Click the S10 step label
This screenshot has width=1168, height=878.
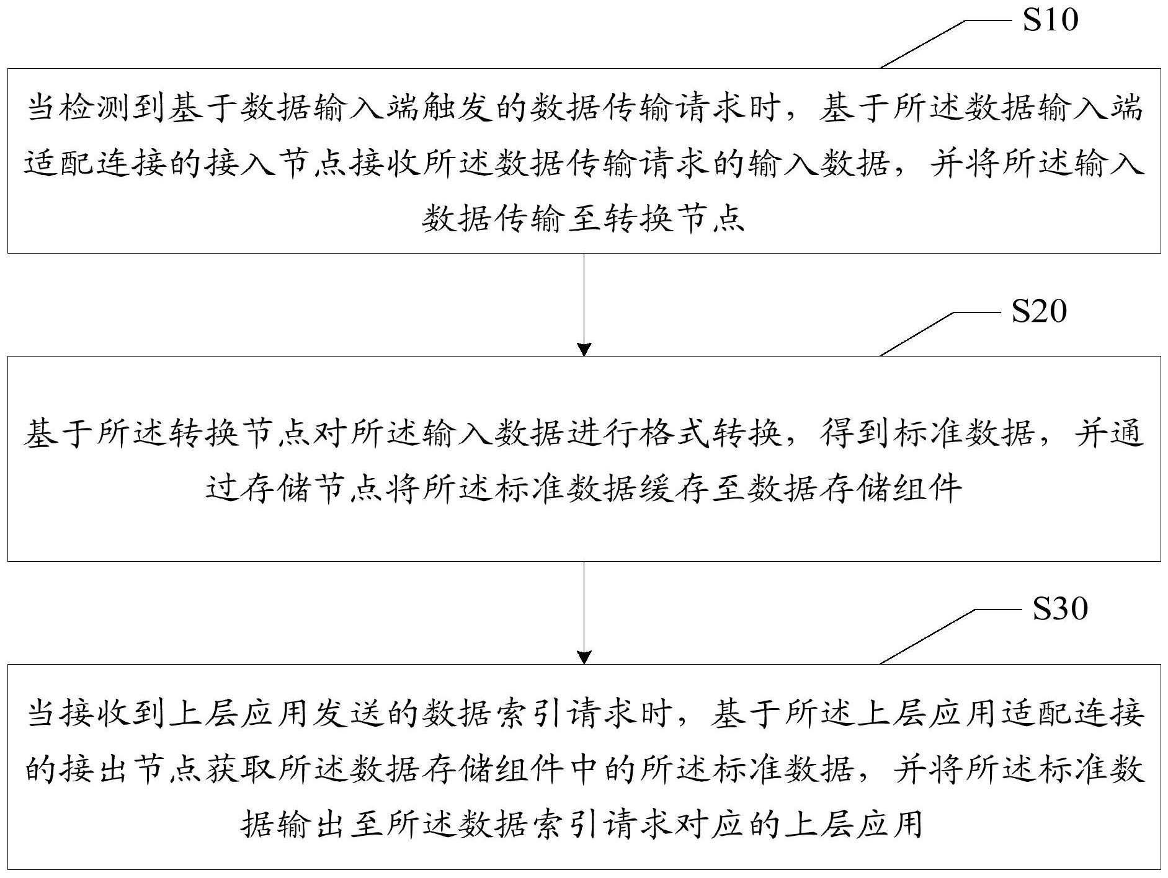[1051, 20]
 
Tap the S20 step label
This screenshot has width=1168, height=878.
[1039, 311]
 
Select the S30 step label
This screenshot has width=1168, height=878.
[1060, 609]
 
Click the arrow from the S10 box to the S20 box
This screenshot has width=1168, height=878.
[584, 304]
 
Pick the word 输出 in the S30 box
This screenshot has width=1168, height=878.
[313, 825]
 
